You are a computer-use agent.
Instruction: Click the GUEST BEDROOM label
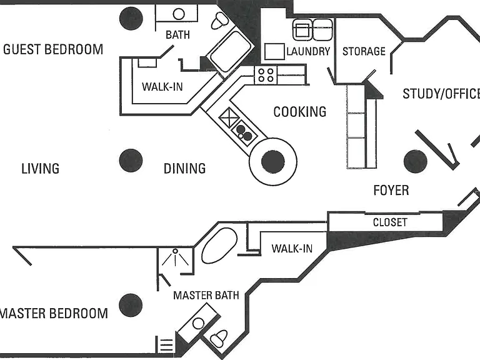pos(53,49)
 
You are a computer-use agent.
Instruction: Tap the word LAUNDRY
pos(308,51)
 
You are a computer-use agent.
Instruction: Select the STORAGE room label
pos(364,51)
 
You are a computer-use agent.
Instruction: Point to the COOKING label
pos(300,112)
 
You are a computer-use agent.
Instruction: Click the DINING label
pos(184,169)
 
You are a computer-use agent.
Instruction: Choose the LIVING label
pos(41,169)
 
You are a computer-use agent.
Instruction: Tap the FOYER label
pos(391,191)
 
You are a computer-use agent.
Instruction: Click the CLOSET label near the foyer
pos(390,222)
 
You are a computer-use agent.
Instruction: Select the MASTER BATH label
pos(206,296)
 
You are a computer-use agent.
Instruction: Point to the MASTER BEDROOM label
pos(54,314)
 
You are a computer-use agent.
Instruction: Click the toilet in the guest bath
pos(220,21)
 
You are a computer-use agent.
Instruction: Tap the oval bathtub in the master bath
pos(219,246)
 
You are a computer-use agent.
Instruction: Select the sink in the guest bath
pos(179,14)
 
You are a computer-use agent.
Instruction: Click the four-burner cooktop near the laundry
pos(266,75)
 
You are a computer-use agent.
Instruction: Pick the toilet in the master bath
pos(219,338)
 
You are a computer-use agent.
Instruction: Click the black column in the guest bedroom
pos(131,18)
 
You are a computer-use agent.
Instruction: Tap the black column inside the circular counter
pos(272,162)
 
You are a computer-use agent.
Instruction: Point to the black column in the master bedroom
pos(131,305)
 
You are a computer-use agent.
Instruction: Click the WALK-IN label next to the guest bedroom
pos(162,87)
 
